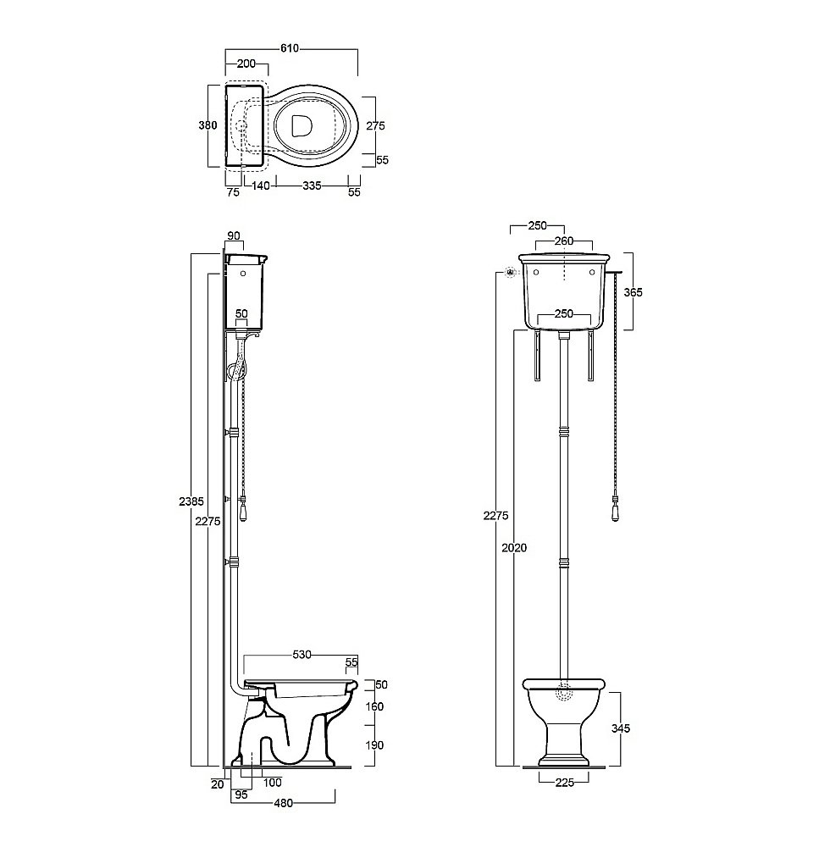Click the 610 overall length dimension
click(290, 48)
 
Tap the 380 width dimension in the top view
click(207, 125)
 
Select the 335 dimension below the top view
click(313, 185)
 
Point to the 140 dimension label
click(261, 185)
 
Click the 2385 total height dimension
click(191, 501)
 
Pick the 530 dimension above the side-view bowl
click(302, 655)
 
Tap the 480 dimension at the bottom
click(284, 803)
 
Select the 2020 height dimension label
click(514, 548)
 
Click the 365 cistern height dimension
click(634, 292)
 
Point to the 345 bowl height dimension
click(621, 728)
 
